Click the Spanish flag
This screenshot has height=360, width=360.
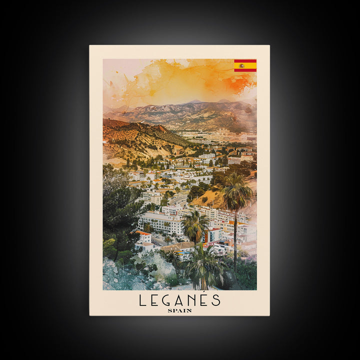(245, 65)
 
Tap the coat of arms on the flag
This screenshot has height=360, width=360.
(241, 65)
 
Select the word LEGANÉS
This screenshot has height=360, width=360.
(179, 300)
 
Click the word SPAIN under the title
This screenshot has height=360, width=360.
(179, 310)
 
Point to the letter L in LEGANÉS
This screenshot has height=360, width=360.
(142, 300)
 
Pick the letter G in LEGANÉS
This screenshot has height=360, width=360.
(167, 300)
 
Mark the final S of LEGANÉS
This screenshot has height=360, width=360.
(215, 300)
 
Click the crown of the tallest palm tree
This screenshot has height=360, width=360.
(236, 191)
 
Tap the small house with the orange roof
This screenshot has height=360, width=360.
(143, 236)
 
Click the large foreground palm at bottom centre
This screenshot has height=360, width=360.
(202, 265)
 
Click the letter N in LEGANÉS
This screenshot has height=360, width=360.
(191, 300)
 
